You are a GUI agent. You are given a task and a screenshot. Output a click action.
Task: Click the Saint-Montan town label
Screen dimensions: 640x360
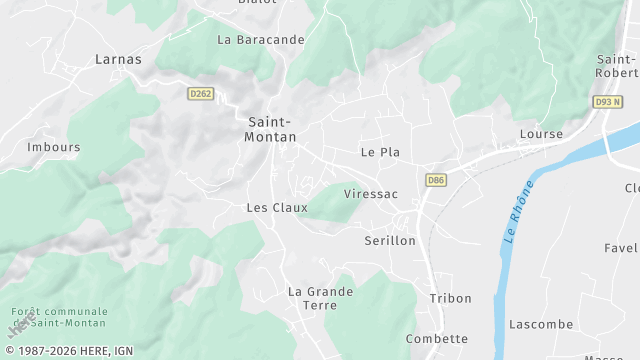coord(270,130)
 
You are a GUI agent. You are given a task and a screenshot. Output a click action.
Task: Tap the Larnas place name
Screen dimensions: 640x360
coord(118,59)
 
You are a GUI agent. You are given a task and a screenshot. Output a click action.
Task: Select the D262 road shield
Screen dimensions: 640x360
coord(201,94)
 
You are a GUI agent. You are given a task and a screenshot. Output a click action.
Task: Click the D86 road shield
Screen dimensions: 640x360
coord(435,180)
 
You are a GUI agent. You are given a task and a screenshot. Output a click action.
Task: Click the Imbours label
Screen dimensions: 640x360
coord(54,147)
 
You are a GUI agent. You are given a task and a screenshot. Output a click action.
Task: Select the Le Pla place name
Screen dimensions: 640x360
coord(380,153)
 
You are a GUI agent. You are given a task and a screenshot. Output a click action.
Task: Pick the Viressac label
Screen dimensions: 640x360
coord(370,193)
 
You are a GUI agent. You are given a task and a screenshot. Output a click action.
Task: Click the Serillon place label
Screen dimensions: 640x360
coord(389,241)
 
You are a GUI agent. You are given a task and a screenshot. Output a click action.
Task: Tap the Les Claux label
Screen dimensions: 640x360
coord(277,208)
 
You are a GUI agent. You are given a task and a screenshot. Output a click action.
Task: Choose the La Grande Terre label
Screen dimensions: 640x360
coord(320,298)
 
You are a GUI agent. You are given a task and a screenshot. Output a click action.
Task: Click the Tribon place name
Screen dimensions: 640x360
coord(450,299)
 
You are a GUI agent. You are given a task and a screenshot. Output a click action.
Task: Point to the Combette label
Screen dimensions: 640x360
coord(437,339)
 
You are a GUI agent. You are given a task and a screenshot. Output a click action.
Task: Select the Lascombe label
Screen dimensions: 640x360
coord(541,325)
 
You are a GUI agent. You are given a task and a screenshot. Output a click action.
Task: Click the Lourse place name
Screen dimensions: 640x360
coord(541,134)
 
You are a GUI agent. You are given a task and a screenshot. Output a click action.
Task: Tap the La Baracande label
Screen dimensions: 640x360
coord(261,40)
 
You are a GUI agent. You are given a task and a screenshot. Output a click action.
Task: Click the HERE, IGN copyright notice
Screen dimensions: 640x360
coord(71,351)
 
